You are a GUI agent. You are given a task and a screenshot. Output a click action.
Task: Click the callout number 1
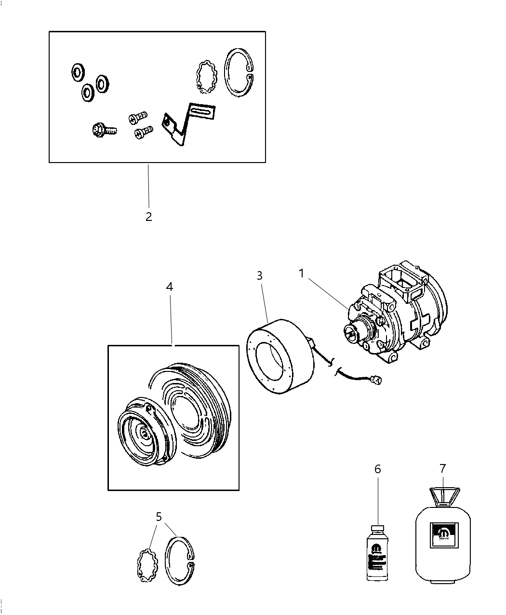pyautogui.click(x=301, y=274)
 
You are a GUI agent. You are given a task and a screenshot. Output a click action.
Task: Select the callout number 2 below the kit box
pyautogui.click(x=148, y=217)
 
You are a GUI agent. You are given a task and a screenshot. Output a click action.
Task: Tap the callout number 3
pyautogui.click(x=259, y=276)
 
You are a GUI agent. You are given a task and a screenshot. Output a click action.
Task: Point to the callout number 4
pyautogui.click(x=169, y=287)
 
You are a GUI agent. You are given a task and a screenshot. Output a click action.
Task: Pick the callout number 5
pyautogui.click(x=159, y=517)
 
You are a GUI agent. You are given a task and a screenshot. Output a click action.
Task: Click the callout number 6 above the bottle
pyautogui.click(x=377, y=469)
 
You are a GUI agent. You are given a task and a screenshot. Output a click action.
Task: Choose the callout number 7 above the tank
pyautogui.click(x=442, y=468)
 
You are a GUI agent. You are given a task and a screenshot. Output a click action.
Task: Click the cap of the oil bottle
pyautogui.click(x=377, y=529)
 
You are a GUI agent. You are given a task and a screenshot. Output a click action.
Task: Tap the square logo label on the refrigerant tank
pyautogui.click(x=443, y=534)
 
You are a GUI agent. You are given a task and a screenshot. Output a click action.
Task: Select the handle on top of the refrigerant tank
pyautogui.click(x=444, y=496)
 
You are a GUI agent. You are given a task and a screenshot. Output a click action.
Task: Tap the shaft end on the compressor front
pyautogui.click(x=349, y=331)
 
